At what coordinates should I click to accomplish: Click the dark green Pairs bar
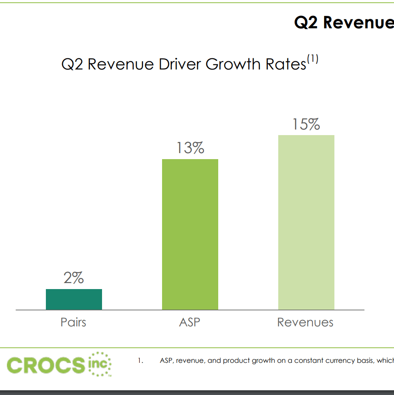(x=74, y=299)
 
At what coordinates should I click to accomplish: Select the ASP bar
(x=190, y=234)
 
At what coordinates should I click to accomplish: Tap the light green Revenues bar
(x=306, y=222)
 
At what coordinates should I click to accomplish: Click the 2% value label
(x=74, y=278)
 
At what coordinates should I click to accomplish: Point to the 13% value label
(x=190, y=148)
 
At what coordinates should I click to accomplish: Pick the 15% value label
(x=306, y=124)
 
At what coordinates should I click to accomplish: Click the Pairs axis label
(x=73, y=323)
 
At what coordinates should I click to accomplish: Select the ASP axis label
(x=189, y=323)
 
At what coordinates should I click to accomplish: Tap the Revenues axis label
(x=305, y=323)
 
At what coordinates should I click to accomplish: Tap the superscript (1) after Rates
(x=312, y=59)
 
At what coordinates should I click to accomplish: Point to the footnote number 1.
(x=140, y=361)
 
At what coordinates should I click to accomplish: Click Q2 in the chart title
(x=73, y=64)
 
